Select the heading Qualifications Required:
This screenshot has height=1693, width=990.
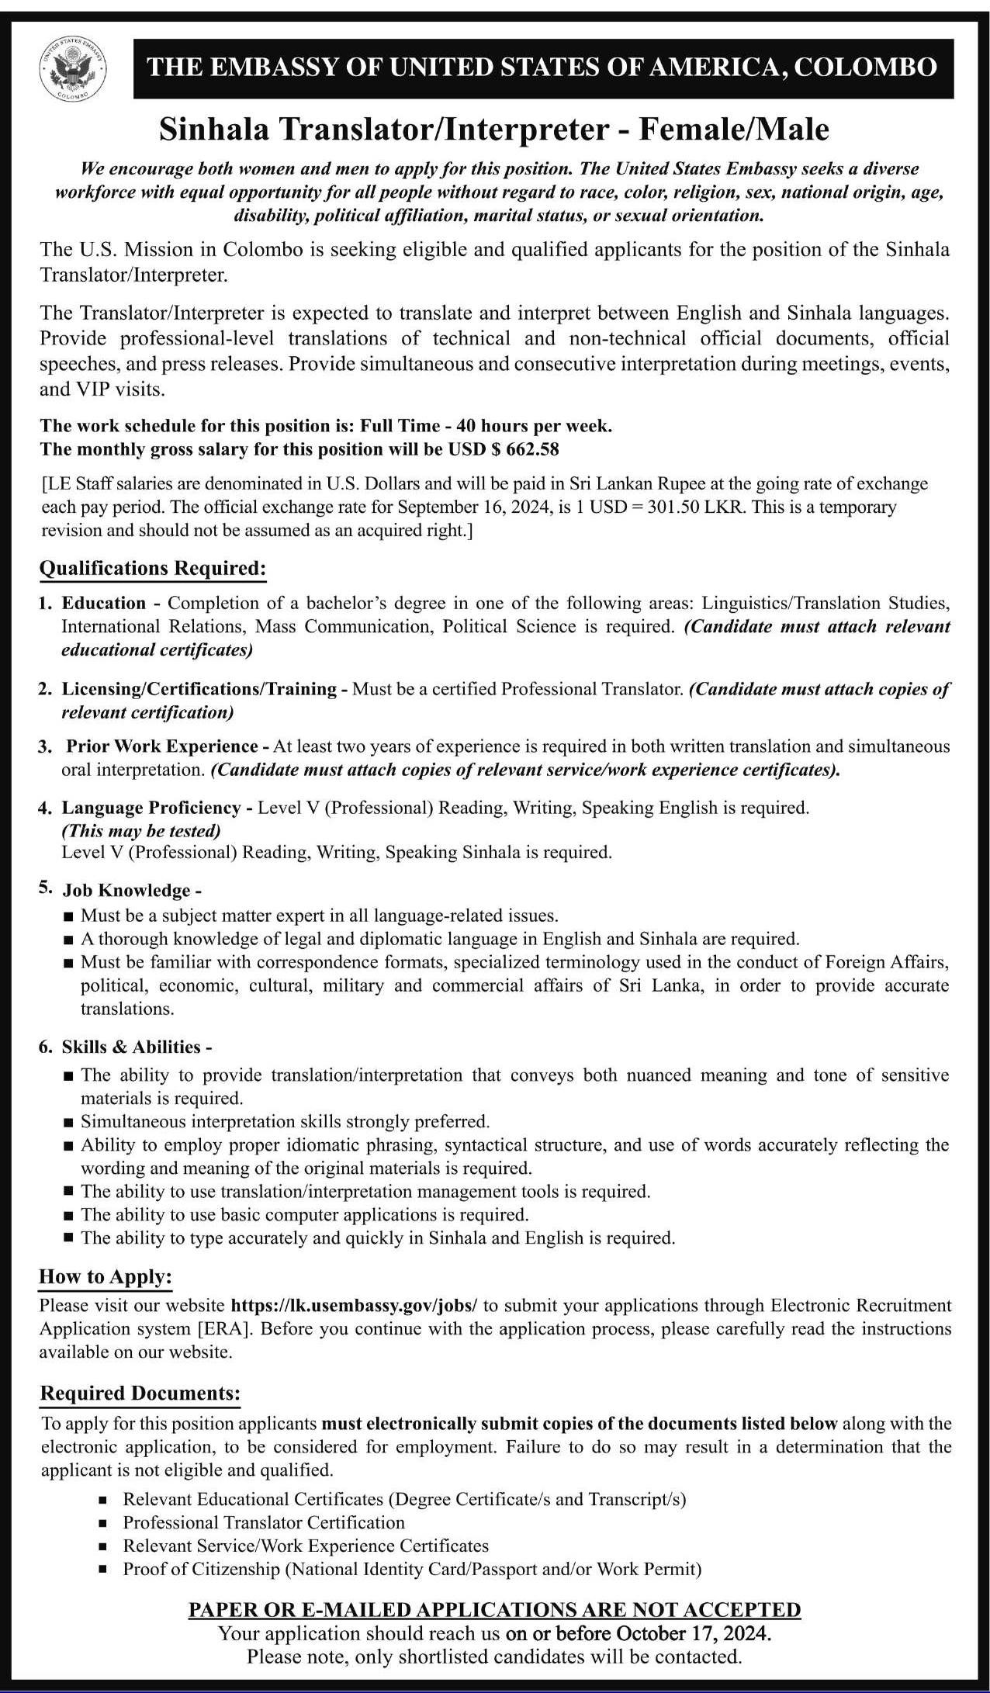(x=153, y=569)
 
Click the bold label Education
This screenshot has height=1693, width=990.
(x=104, y=603)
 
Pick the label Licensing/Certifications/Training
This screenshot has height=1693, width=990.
(x=199, y=688)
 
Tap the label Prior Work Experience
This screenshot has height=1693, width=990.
(x=161, y=746)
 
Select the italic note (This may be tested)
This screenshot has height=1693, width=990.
(x=141, y=831)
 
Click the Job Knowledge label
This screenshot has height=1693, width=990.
(x=126, y=890)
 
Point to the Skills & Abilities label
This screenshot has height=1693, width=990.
(x=131, y=1047)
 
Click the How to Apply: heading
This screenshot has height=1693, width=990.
(x=106, y=1276)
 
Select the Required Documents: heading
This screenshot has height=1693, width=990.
(x=140, y=1393)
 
